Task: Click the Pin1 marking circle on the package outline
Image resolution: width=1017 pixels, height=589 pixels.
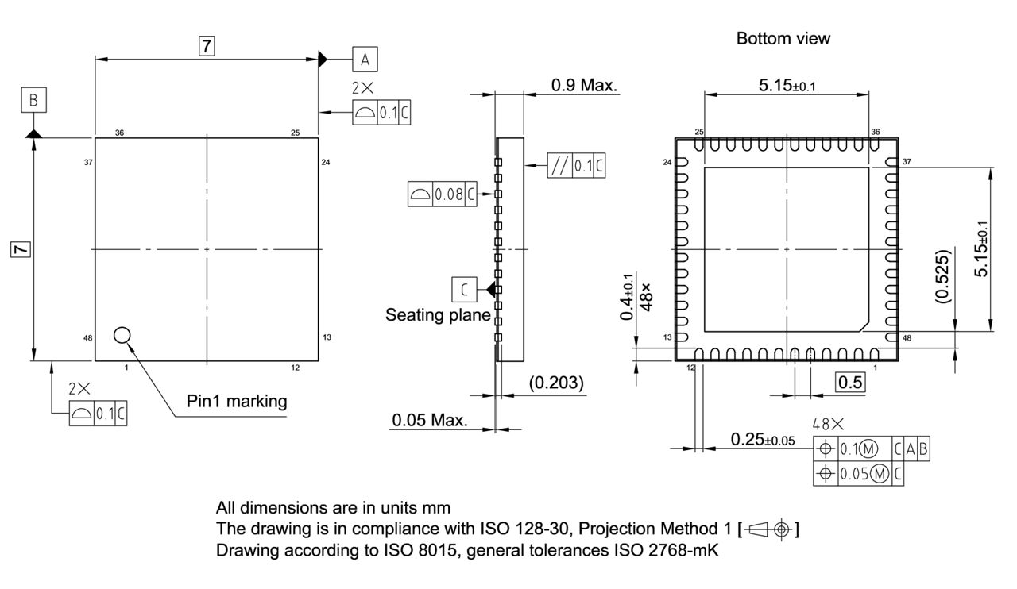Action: click(122, 335)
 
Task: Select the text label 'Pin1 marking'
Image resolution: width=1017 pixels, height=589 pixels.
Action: click(237, 401)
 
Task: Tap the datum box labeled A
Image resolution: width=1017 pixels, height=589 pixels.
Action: click(365, 59)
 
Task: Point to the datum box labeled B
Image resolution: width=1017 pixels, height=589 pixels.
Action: click(33, 101)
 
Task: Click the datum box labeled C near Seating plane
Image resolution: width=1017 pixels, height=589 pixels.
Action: click(463, 289)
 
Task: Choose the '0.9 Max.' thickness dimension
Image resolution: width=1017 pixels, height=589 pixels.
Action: click(584, 85)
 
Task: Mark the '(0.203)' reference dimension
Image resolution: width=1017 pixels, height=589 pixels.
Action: click(556, 383)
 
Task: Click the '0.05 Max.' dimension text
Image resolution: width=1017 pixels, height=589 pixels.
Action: click(429, 419)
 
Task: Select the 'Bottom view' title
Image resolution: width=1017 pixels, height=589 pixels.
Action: click(783, 38)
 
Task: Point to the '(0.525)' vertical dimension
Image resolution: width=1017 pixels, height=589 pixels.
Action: click(942, 277)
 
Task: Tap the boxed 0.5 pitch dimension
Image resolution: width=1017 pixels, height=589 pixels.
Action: click(850, 382)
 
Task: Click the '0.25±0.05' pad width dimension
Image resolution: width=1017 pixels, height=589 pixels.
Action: click(762, 439)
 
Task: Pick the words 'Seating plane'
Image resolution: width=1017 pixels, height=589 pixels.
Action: click(436, 314)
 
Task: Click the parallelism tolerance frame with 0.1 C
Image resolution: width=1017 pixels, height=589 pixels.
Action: click(576, 166)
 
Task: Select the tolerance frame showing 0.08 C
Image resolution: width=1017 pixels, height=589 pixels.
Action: click(442, 194)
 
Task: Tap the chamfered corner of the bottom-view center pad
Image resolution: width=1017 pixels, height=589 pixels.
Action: click(863, 325)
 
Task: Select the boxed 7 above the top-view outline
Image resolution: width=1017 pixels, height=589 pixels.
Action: click(207, 46)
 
